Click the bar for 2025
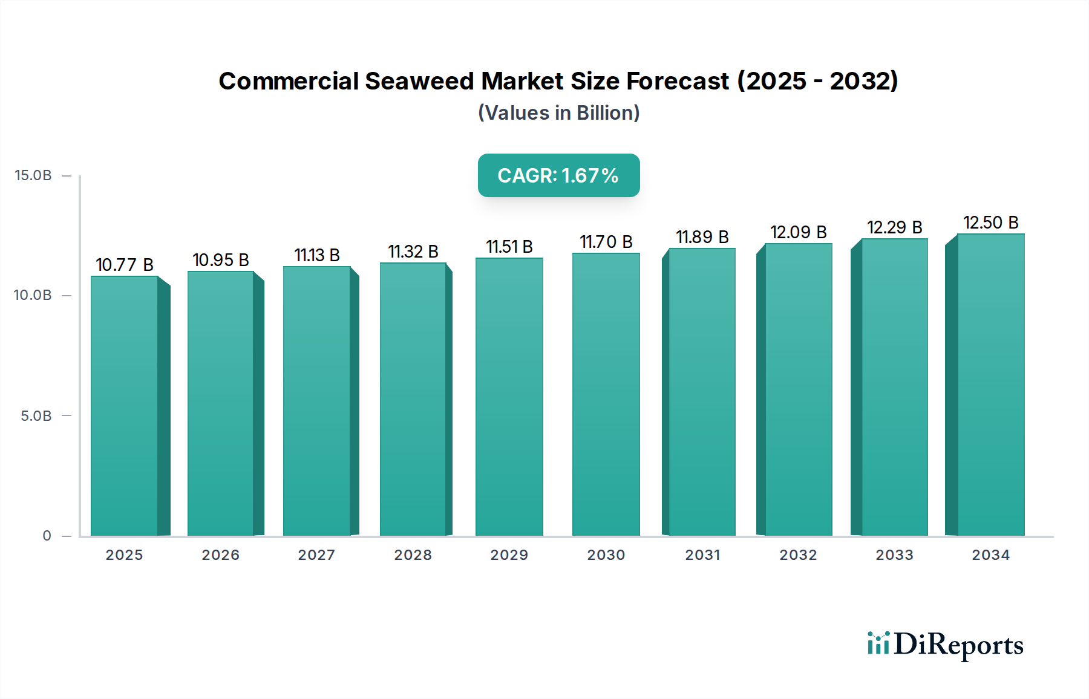[125, 405]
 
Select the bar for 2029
[509, 396]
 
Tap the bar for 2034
[990, 385]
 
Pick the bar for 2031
[702, 392]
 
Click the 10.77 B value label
[125, 265]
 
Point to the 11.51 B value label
[509, 247]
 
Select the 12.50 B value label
[990, 223]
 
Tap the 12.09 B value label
[798, 232]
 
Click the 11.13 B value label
[317, 255]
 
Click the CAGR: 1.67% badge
[558, 175]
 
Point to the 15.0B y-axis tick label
[33, 175]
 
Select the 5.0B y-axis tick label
[36, 416]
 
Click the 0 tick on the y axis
[47, 536]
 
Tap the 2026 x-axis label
[221, 555]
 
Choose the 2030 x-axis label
[606, 555]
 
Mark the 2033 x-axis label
[894, 555]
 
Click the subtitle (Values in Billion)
[558, 113]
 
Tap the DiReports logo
[945, 645]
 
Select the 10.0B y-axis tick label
[33, 296]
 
